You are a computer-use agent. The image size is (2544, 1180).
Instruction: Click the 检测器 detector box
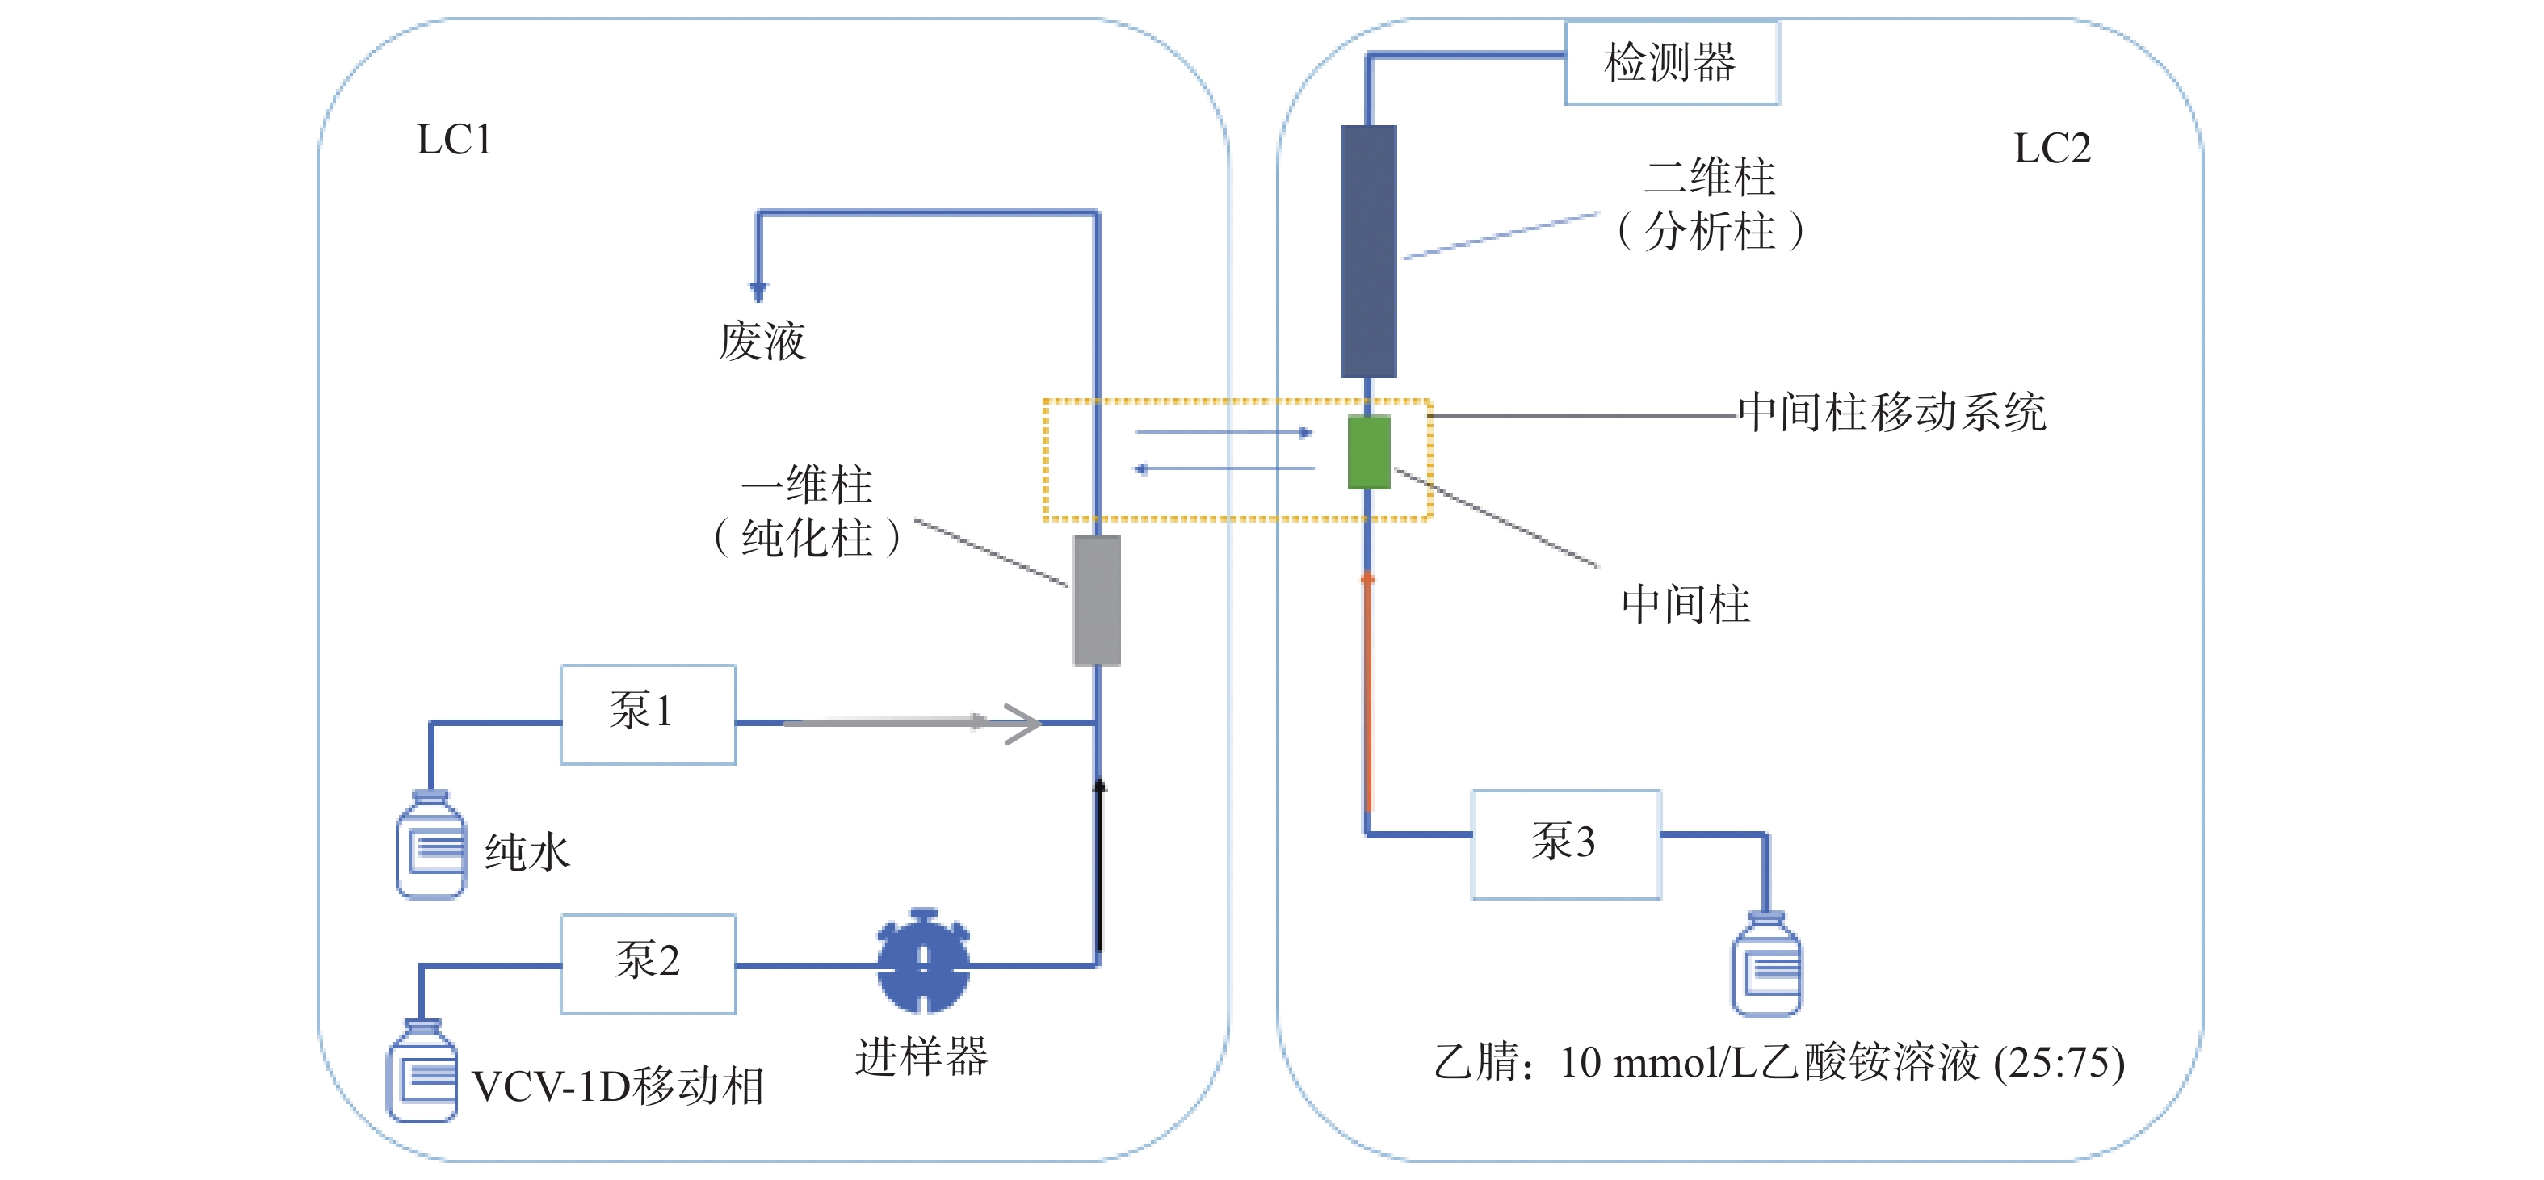(x=1671, y=62)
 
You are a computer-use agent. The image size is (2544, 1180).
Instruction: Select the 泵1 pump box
(x=648, y=713)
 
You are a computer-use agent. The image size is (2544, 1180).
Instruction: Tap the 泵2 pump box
(x=648, y=963)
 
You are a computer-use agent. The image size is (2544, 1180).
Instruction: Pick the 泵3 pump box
(x=1565, y=843)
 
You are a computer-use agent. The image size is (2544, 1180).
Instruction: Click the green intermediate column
(x=1369, y=452)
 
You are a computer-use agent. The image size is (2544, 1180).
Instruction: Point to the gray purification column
(x=1096, y=600)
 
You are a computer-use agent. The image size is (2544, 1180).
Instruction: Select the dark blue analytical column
(x=1369, y=251)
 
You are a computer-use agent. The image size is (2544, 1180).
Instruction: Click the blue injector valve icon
(x=923, y=962)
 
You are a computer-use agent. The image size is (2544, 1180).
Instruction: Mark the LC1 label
(x=453, y=141)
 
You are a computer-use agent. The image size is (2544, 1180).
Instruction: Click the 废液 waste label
(x=762, y=342)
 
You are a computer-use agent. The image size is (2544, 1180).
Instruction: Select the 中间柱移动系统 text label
(x=1891, y=413)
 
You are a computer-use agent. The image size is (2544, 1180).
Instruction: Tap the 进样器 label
(x=921, y=1056)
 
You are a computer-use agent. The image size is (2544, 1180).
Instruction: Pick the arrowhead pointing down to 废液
(x=758, y=290)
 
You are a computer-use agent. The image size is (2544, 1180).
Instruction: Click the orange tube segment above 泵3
(x=1368, y=691)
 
